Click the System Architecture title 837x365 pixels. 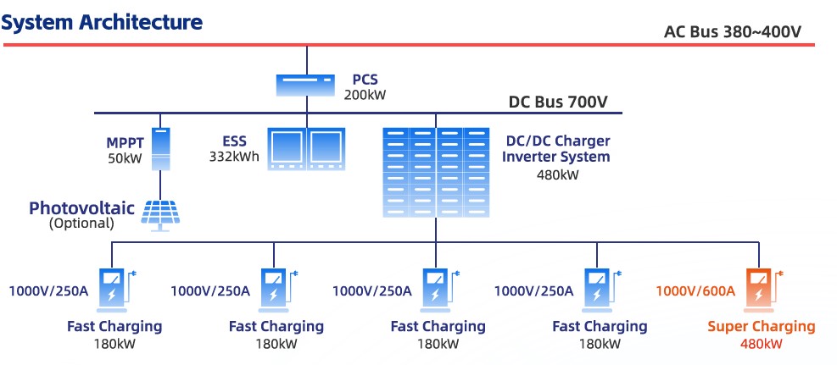[x=103, y=22]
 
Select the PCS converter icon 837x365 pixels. [x=306, y=85]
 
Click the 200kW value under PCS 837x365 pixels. [x=365, y=95]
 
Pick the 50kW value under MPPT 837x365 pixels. [x=126, y=158]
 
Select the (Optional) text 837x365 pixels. [x=81, y=224]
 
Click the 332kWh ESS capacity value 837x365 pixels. [x=234, y=156]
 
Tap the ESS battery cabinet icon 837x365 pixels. [x=306, y=148]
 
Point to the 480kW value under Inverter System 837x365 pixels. [x=557, y=175]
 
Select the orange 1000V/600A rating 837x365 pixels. [x=695, y=290]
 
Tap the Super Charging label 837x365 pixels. [x=761, y=326]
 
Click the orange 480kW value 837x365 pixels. [x=761, y=344]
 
